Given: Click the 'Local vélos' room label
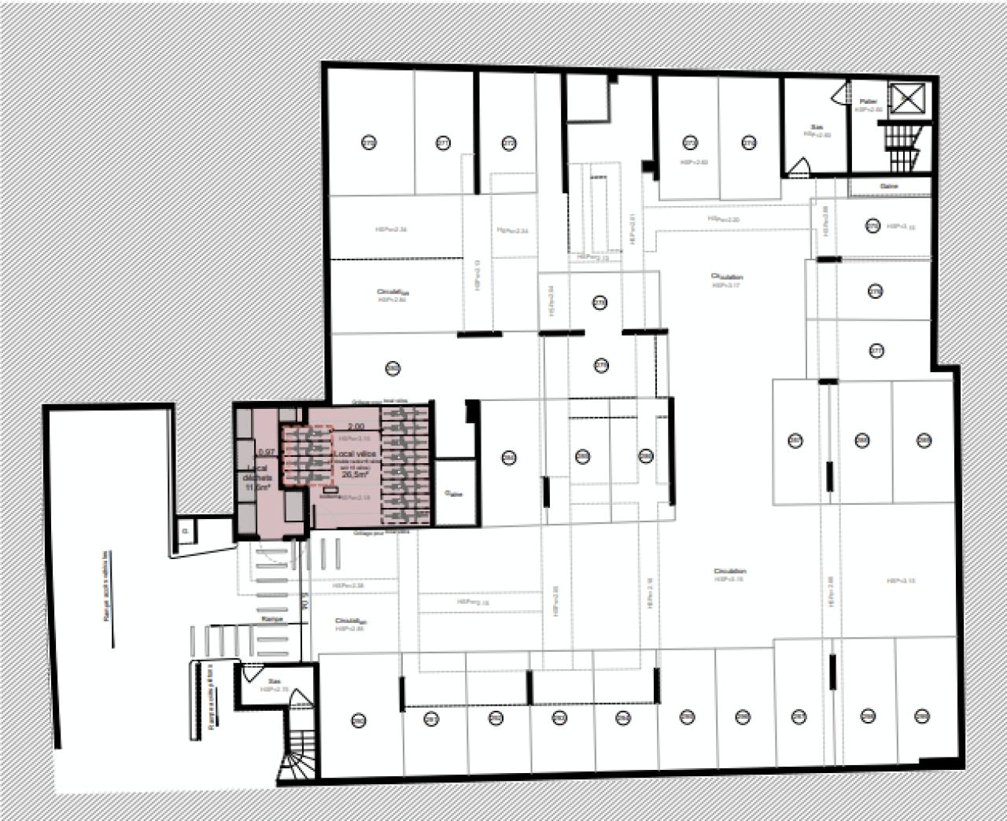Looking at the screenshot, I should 356,455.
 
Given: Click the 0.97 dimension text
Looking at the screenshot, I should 266,452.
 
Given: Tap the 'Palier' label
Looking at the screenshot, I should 868,101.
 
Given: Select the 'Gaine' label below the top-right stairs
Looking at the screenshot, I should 890,186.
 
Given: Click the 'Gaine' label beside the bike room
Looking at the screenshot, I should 454,494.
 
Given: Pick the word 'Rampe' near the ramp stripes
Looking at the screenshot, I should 272,620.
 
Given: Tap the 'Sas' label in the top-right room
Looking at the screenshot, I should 817,127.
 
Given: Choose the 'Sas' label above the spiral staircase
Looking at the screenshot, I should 274,683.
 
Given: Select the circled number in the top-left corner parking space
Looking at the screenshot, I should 369,142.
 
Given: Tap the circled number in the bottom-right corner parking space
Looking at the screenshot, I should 923,716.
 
